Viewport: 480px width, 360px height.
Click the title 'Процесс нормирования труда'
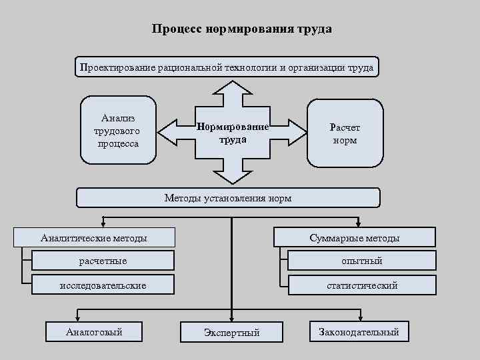click(x=241, y=29)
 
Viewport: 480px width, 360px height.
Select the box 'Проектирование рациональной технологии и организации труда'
click(x=227, y=67)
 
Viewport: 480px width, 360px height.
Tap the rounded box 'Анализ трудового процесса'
click(x=118, y=131)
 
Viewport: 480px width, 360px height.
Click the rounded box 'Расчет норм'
click(x=345, y=132)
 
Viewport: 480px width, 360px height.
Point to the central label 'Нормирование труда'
click(x=232, y=133)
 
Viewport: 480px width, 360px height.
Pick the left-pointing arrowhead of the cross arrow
click(x=169, y=132)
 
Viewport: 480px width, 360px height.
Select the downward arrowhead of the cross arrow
click(x=231, y=175)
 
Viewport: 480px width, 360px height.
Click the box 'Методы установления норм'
click(x=228, y=198)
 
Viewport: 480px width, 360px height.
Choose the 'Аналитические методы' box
click(x=95, y=237)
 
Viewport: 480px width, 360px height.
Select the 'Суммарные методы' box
click(x=355, y=237)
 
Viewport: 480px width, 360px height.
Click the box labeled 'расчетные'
click(x=103, y=261)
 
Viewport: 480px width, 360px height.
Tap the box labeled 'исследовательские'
click(x=103, y=285)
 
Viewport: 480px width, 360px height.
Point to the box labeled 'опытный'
click(x=362, y=261)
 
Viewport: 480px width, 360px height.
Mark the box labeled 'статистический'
click(x=362, y=285)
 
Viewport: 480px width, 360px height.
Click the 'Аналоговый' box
click(x=95, y=331)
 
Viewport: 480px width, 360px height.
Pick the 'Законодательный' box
click(x=359, y=331)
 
